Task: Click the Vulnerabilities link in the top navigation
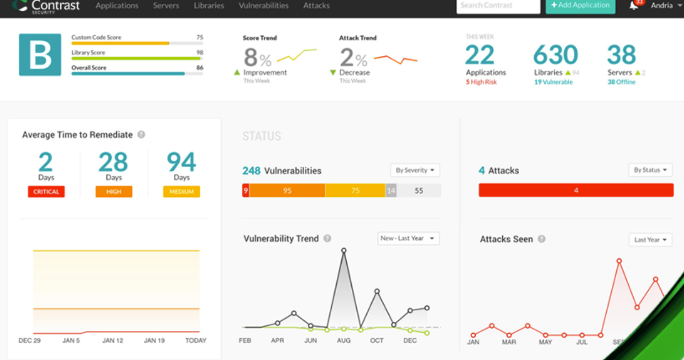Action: [263, 6]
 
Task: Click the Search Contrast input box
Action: [498, 6]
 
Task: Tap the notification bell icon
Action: [634, 6]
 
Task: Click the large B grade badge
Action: [40, 55]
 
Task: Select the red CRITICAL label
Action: [46, 192]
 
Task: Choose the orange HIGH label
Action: [114, 192]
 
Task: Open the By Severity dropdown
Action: [415, 170]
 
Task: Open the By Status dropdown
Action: [650, 170]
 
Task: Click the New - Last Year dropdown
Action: [408, 238]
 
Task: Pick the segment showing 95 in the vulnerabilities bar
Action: [287, 191]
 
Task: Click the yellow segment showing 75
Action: [355, 191]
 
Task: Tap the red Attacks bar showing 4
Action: [576, 191]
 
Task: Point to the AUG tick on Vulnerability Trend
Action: [344, 340]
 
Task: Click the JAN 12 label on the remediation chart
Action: [112, 340]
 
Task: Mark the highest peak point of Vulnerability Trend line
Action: [344, 250]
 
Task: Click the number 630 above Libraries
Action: [555, 55]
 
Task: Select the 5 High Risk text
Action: [481, 82]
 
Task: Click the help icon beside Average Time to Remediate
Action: [141, 135]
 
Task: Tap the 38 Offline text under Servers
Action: [621, 82]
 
